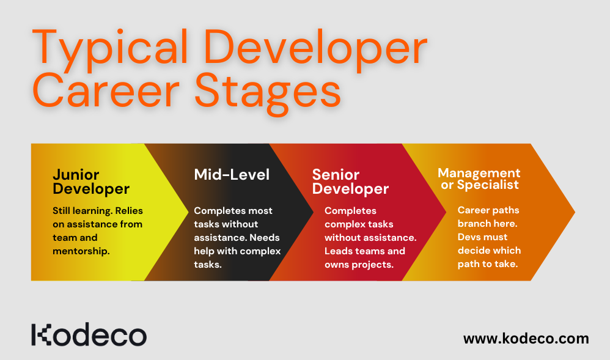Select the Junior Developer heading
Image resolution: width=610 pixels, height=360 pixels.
[91, 181]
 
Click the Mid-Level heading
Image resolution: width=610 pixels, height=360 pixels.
[232, 174]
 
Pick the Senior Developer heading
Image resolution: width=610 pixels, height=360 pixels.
[350, 182]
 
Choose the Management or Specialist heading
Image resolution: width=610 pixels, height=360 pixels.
[479, 178]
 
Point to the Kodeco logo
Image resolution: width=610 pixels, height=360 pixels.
[89, 336]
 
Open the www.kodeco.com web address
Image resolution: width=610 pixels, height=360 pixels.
[526, 338]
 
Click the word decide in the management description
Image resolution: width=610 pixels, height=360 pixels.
[474, 250]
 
